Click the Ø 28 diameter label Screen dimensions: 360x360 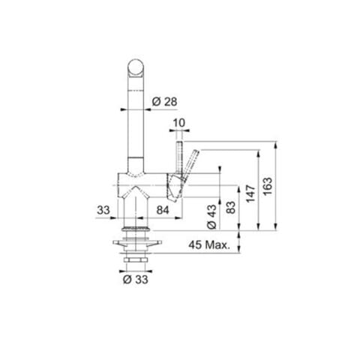[164, 101]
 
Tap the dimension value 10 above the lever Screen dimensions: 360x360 [178, 123]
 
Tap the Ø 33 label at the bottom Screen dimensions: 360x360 [134, 279]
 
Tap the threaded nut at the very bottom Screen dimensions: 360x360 [136, 259]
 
